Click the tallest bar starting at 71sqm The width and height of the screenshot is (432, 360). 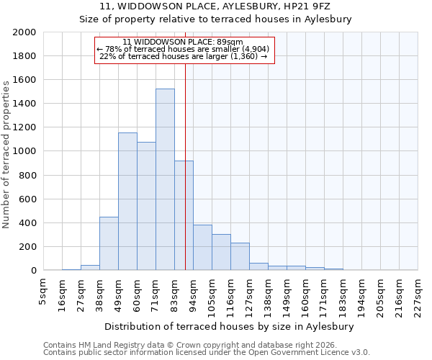click(x=165, y=179)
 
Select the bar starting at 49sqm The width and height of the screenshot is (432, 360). click(x=127, y=202)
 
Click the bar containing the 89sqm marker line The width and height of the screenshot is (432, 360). click(x=184, y=215)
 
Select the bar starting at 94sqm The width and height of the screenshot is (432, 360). click(x=202, y=248)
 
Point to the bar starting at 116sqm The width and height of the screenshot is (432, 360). click(x=240, y=256)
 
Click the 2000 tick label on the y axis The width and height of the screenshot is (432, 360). click(x=24, y=32)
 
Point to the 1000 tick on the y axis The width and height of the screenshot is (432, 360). click(x=24, y=152)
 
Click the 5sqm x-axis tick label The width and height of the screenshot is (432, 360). click(x=43, y=292)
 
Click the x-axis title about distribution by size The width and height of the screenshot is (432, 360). click(x=234, y=326)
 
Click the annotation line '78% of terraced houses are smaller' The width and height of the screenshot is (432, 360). click(x=184, y=49)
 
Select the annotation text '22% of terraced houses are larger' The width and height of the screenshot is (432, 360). click(x=184, y=56)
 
